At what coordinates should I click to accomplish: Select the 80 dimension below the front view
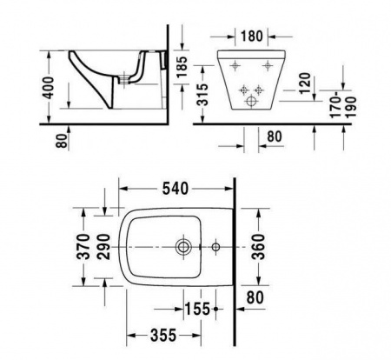click(x=273, y=136)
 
